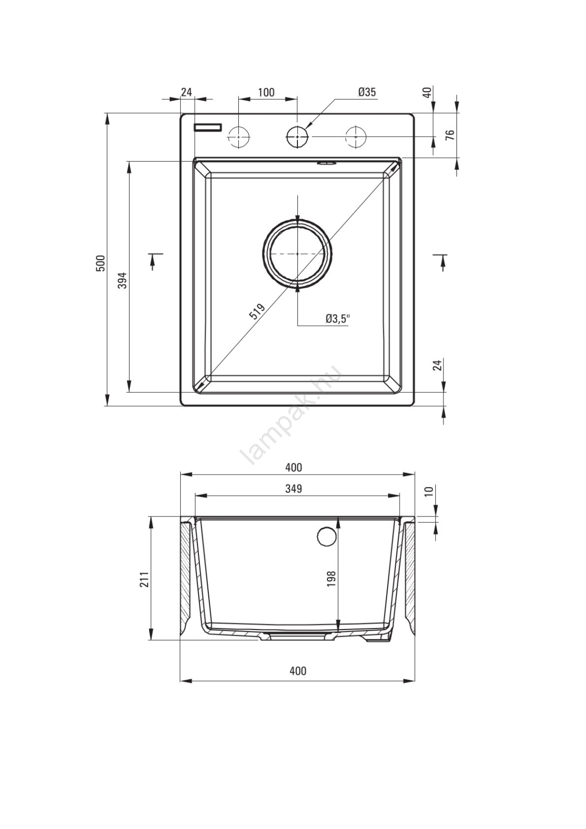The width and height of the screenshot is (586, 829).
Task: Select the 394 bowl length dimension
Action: point(123,280)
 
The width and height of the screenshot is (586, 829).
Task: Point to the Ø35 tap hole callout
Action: point(366,92)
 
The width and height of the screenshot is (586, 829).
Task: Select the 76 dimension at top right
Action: point(450,135)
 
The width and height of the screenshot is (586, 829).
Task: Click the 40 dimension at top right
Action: point(428,93)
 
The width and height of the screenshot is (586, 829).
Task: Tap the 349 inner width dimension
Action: point(294,489)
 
